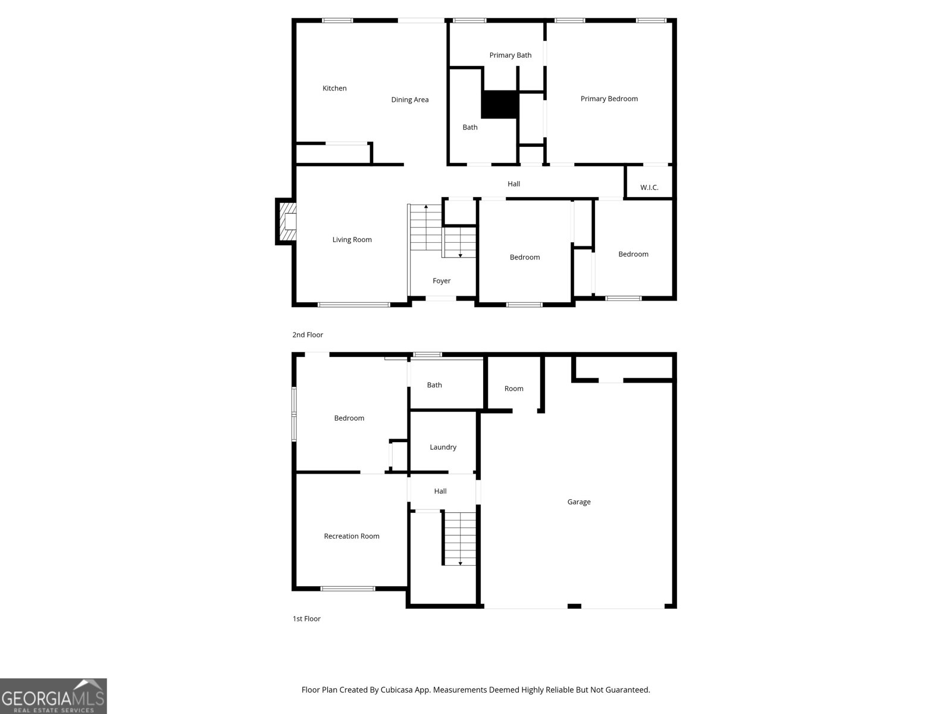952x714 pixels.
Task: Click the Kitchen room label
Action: tap(334, 88)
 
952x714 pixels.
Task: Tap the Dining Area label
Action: tap(409, 99)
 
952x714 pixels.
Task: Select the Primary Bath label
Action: tap(511, 55)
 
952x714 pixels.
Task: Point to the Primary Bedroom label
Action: tap(609, 99)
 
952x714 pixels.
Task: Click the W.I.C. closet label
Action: tap(649, 187)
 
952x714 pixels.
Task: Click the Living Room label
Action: tap(352, 240)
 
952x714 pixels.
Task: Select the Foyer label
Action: tap(441, 281)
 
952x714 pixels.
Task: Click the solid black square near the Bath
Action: tap(500, 105)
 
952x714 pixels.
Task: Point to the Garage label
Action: tap(578, 502)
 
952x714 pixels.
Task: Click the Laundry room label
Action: tap(443, 447)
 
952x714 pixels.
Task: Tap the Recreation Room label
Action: tap(351, 536)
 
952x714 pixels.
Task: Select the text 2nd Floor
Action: tap(308, 335)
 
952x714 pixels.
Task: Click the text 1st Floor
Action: tap(306, 619)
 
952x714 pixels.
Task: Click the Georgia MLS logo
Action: tap(54, 696)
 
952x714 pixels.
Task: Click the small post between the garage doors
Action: tap(574, 606)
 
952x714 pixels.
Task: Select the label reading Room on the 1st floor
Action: tap(513, 389)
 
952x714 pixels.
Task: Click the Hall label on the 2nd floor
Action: tap(513, 184)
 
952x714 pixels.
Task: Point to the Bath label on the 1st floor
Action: tap(434, 385)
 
